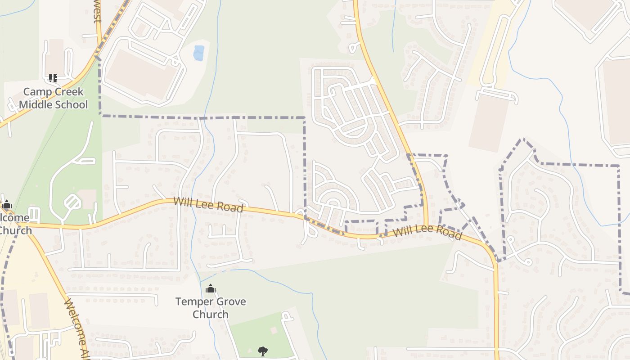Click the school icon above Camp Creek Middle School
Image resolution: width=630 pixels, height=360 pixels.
pos(53,78)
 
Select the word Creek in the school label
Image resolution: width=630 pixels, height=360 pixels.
pos(69,92)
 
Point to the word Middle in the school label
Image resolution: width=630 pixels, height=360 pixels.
pos(36,105)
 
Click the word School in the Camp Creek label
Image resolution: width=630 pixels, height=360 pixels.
pos(71,105)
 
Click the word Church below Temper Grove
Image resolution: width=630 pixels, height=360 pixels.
pos(210,314)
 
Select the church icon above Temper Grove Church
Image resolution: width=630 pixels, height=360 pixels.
pos(210,289)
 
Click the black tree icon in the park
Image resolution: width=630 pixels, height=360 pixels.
pos(262,351)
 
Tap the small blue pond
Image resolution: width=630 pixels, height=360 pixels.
pos(198,53)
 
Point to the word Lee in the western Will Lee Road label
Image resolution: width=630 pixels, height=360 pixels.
pos(205,205)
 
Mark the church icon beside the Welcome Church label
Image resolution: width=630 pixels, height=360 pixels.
pos(6,205)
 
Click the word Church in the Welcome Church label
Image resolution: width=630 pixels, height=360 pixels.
pos(15,230)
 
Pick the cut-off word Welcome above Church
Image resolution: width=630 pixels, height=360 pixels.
pos(14,218)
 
